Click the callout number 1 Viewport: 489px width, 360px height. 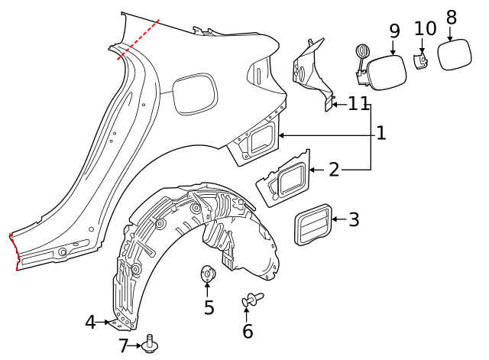coord(381,134)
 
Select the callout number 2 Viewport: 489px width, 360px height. coord(334,170)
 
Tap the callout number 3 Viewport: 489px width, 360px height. coord(354,220)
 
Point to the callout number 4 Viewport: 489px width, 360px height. coord(90,323)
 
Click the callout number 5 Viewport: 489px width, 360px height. coord(209,308)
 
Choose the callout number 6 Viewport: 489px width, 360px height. coord(248,331)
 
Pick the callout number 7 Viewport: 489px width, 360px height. coord(124,346)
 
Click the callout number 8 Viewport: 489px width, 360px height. coord(451,17)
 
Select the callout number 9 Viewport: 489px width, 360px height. coord(394,31)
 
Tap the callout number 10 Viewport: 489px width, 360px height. coord(425,29)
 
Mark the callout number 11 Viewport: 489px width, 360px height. coord(358,104)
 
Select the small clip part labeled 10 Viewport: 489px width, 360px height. coord(421,60)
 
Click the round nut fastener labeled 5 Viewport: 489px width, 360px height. coord(207,274)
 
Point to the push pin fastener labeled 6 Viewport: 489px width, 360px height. coord(251,300)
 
